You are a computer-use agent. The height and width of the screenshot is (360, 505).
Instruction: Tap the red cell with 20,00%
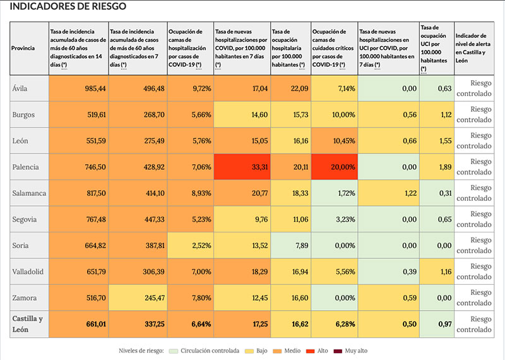click(x=333, y=167)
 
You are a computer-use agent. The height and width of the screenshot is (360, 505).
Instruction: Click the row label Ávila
click(x=21, y=88)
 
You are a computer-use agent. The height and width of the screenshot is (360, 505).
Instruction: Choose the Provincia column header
click(x=25, y=49)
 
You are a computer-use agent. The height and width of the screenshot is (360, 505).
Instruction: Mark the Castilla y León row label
click(x=28, y=324)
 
